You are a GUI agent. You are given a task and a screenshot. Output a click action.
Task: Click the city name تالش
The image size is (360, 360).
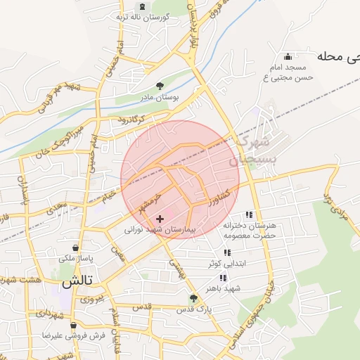coord(77,284)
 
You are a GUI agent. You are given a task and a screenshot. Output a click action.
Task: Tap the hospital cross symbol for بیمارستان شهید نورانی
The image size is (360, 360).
coord(160,219)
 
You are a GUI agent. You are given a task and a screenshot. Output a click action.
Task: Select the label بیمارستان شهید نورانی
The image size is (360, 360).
coord(164,230)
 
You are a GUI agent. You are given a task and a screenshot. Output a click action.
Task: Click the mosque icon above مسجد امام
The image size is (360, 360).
coord(287,57)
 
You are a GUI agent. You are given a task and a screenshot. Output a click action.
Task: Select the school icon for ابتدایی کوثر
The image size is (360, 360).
coord(226,252)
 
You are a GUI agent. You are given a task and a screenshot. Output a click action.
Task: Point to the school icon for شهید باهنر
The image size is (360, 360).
coord(223,278)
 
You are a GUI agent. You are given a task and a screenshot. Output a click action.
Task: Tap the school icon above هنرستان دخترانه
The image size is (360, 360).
coord(247,214)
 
